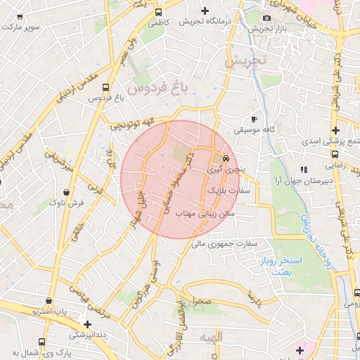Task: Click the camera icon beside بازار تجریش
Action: pos(266,18)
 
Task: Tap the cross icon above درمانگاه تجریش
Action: pos(205,11)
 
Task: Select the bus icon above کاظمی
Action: pos(159,13)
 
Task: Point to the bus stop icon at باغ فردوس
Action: pos(105,88)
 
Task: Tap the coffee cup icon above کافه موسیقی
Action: pos(254,119)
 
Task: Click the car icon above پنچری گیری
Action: pos(225,158)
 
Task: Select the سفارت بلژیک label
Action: pos(230,191)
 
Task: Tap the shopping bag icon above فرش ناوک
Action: pos(66,191)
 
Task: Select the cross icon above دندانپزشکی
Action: pos(86,324)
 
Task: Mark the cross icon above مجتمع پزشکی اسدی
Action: pos(336,130)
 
